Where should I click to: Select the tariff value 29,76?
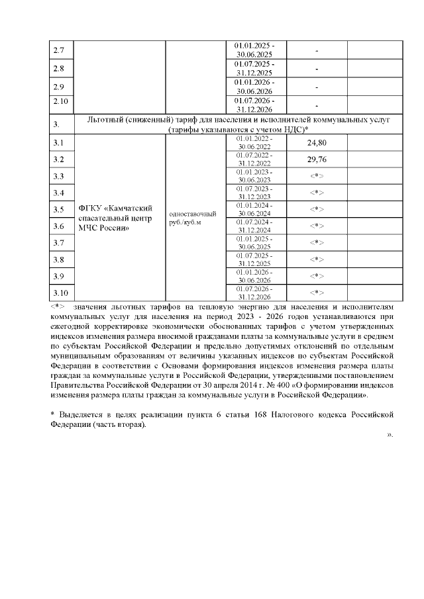tap(317, 160)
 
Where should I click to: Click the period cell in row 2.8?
tap(255, 68)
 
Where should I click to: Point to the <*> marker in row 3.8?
tap(317, 259)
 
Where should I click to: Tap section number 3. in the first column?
tap(56, 124)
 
